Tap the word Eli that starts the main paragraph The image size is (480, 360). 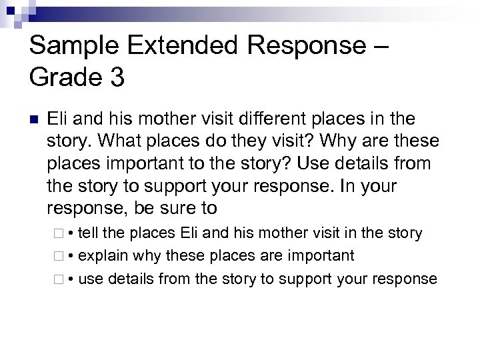tap(58, 119)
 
